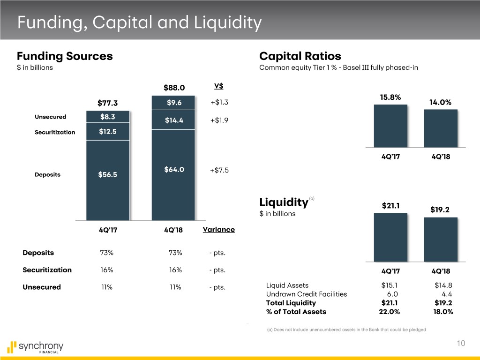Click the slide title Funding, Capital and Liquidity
coord(138,22)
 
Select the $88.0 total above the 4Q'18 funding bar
coord(174,88)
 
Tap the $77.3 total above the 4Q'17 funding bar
coord(108,103)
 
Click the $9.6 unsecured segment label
coord(174,103)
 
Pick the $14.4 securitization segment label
coord(174,120)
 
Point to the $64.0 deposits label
coord(174,170)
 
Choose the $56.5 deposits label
coord(108,175)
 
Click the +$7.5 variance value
coord(219,170)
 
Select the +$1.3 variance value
coord(219,103)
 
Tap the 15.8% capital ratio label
coord(390,97)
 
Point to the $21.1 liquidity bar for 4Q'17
coord(390,237)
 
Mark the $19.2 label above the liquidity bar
coord(440,210)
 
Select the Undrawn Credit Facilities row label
coord(307,294)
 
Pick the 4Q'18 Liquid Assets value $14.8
coord(443,285)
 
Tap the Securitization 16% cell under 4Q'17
coord(106,270)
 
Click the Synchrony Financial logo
coord(35,347)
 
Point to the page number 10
coord(461,344)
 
